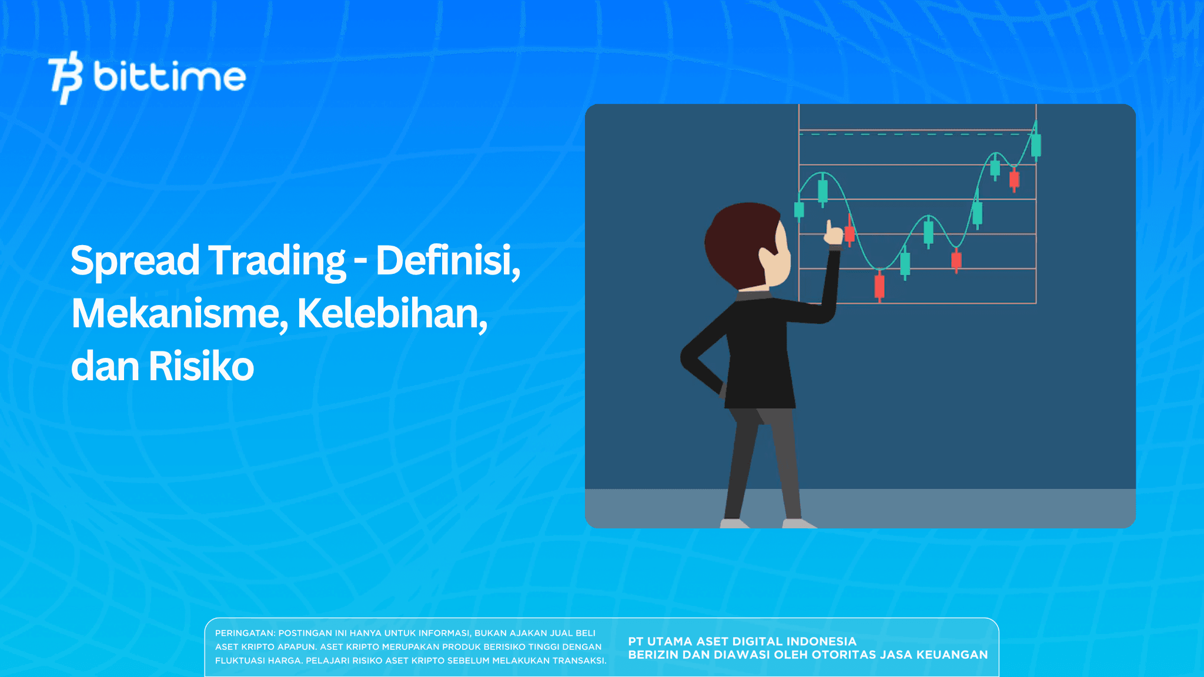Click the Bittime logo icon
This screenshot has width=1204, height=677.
pyautogui.click(x=65, y=78)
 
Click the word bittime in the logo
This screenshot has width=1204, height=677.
pyautogui.click(x=169, y=78)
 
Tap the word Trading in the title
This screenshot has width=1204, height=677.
pyautogui.click(x=277, y=260)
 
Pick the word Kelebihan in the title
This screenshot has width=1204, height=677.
pyautogui.click(x=392, y=314)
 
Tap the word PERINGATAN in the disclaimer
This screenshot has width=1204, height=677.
pyautogui.click(x=245, y=634)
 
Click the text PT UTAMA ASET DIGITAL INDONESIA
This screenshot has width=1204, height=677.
pyautogui.click(x=742, y=641)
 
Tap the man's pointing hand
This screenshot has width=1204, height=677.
pyautogui.click(x=832, y=234)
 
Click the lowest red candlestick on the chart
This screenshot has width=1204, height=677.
pyautogui.click(x=879, y=286)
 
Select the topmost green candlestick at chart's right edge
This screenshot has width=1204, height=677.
pyautogui.click(x=1036, y=145)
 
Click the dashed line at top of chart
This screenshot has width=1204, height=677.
pyautogui.click(x=911, y=135)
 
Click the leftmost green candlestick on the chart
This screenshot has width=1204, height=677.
pyautogui.click(x=799, y=210)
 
